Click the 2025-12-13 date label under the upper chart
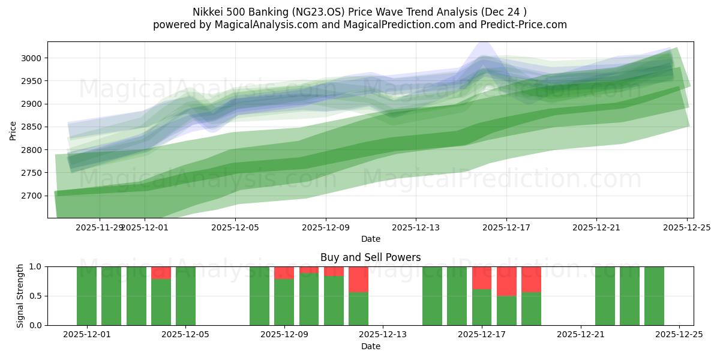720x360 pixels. click(416, 228)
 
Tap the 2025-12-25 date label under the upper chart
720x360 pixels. click(686, 228)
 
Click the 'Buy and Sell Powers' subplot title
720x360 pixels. click(370, 257)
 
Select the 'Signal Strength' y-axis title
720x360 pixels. click(20, 296)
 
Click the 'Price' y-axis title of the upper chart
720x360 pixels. click(13, 130)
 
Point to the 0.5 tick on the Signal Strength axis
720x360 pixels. click(35, 296)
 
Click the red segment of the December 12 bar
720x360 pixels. click(358, 279)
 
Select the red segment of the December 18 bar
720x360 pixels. click(506, 281)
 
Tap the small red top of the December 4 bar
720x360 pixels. click(161, 272)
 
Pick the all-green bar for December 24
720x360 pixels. click(654, 296)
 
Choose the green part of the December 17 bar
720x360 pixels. click(482, 307)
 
